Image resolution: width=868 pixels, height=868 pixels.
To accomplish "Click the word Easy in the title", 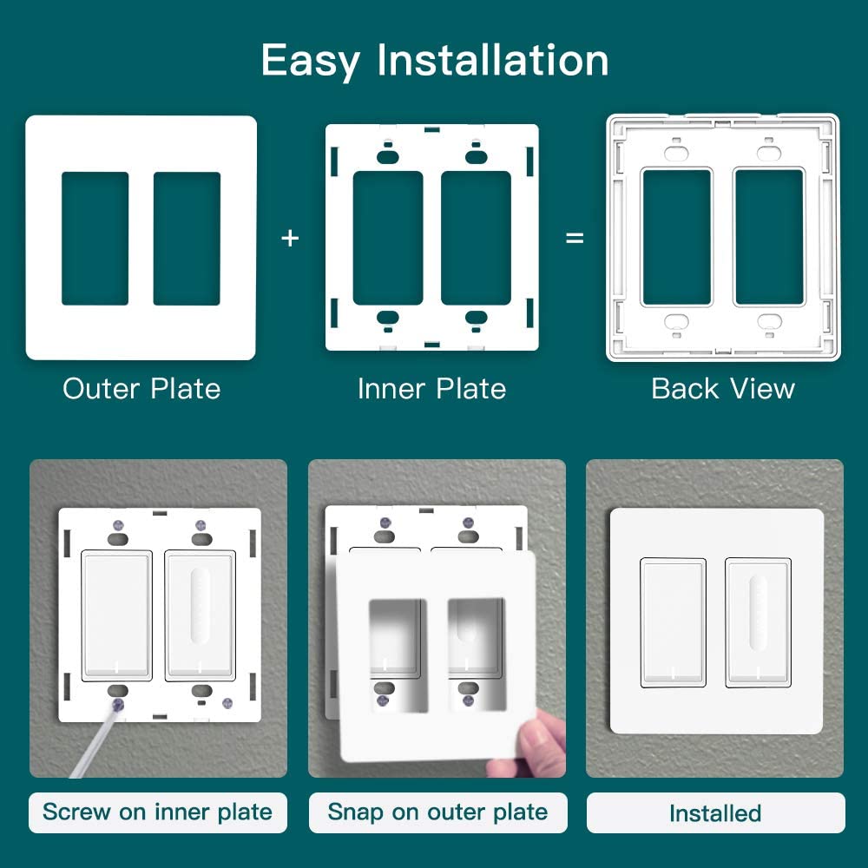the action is (x=311, y=62).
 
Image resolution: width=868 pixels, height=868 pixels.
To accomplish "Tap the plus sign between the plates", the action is (x=290, y=238).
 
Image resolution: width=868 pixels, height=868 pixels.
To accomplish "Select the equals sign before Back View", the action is (x=575, y=238).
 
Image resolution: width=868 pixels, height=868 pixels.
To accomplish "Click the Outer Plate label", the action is (x=141, y=388).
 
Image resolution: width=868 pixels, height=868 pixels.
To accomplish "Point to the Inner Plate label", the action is (x=431, y=388).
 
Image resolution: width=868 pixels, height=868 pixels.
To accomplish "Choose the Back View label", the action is (x=723, y=388).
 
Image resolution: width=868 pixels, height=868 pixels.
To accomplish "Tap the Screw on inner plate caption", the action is (x=157, y=812).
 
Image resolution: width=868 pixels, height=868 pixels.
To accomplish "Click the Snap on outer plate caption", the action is (x=437, y=812).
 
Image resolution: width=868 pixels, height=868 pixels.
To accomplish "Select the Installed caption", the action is (x=715, y=813).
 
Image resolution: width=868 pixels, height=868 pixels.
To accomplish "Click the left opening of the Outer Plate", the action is (x=95, y=239).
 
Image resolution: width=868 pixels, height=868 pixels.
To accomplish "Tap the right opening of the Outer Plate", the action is (x=187, y=239).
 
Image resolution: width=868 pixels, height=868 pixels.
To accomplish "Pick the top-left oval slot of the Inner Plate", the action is (x=387, y=157).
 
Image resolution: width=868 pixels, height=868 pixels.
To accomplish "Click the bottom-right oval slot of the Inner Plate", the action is (x=476, y=318).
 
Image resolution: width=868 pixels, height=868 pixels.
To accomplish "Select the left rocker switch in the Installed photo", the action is (x=674, y=622).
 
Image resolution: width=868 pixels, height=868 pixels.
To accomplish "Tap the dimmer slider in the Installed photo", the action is (x=758, y=612).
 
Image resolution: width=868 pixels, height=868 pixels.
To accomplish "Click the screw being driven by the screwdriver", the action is (x=118, y=705).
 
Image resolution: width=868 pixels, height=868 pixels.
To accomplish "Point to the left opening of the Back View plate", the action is (x=676, y=237).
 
